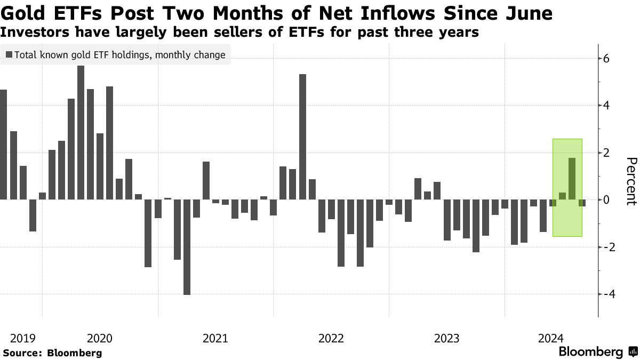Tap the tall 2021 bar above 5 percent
click(302, 137)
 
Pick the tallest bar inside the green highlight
click(572, 179)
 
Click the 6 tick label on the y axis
click(606, 59)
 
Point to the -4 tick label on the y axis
click(609, 294)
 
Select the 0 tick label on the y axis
click(606, 200)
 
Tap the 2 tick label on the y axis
click(606, 153)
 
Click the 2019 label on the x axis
click(23, 338)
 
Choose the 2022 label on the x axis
click(331, 338)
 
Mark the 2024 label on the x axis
click(551, 338)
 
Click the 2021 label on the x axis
click(215, 338)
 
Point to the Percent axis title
click(631, 181)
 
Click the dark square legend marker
click(9, 54)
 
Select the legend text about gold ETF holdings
click(120, 54)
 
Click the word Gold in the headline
click(22, 12)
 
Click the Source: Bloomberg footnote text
click(52, 353)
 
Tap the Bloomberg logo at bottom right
click(597, 352)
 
